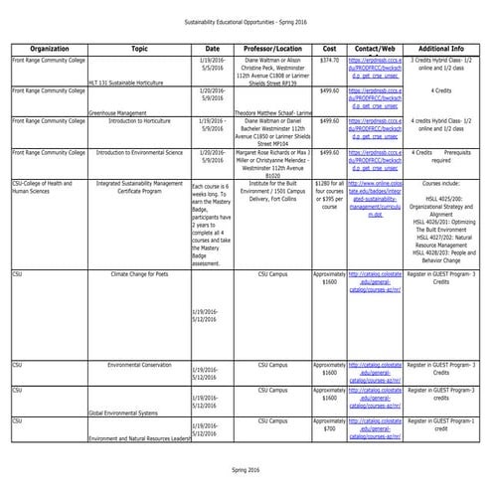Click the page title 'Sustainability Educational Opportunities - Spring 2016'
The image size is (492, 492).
246,21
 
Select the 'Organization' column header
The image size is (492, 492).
49,48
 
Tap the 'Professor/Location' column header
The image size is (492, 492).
271,48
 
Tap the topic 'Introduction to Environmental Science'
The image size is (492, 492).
139,154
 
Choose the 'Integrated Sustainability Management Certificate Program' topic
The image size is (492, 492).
139,190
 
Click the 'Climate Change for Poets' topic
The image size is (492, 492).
139,272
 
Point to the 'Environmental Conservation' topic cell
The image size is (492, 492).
139,366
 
